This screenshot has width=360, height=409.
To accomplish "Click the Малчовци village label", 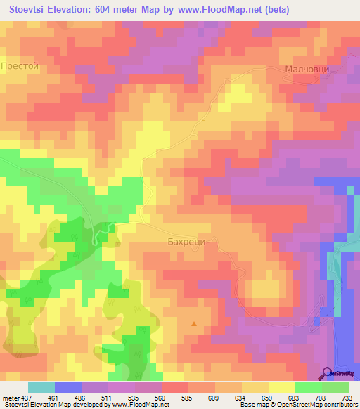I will point(307,70).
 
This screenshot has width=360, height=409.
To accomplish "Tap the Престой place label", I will point(20,65).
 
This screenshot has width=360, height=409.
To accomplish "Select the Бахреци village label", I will point(186,241).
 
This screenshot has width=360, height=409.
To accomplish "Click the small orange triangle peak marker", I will point(194,324).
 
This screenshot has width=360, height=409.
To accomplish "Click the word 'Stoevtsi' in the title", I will point(31,11).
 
